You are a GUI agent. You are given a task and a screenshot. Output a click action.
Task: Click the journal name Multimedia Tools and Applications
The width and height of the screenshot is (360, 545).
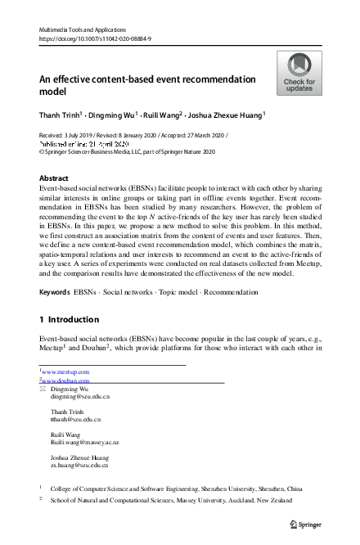81,28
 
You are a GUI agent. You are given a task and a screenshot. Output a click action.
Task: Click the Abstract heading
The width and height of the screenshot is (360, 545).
55,178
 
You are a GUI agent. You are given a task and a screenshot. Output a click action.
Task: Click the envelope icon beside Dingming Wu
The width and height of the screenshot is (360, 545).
43,390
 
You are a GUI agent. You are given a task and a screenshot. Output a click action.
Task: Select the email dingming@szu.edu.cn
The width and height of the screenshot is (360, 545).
75,396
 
